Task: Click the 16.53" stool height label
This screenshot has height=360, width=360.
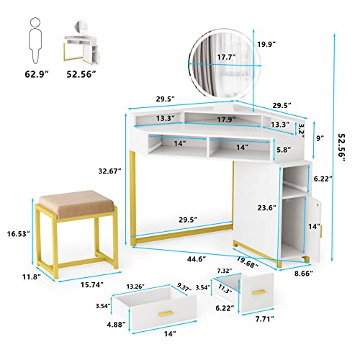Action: coord(16,235)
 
